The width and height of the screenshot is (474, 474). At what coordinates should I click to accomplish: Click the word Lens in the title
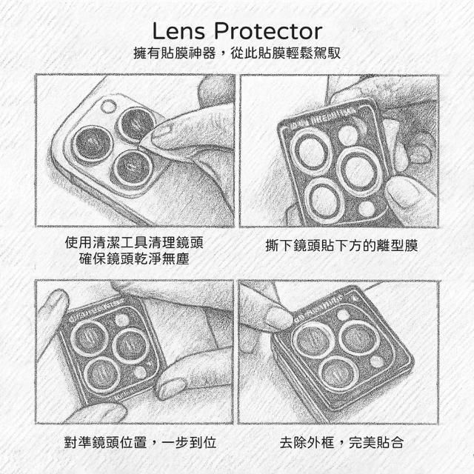(178, 31)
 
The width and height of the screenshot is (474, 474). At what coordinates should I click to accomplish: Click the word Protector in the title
(268, 31)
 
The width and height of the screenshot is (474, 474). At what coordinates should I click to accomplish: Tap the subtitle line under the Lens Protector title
(237, 53)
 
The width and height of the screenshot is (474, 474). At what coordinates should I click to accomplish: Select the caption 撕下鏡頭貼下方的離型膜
(341, 245)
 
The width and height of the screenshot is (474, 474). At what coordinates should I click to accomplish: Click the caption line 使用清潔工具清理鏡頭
(134, 242)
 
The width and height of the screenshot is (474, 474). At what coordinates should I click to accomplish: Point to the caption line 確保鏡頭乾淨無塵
(134, 258)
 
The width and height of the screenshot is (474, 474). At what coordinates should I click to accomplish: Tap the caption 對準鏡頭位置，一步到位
(140, 443)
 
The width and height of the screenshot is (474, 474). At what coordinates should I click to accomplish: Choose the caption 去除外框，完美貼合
(341, 443)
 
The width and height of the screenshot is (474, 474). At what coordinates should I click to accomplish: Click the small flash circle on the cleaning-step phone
(108, 107)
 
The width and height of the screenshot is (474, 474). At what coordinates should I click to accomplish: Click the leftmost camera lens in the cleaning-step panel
(93, 144)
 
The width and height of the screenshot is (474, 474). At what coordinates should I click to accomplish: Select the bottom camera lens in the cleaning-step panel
(133, 168)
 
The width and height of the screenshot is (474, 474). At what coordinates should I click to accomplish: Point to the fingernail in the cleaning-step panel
(161, 132)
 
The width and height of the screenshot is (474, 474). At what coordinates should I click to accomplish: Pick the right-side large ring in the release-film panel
(360, 170)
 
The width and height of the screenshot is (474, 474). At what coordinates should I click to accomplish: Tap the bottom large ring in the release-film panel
(324, 201)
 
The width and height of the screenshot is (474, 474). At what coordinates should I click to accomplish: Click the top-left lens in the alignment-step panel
(89, 338)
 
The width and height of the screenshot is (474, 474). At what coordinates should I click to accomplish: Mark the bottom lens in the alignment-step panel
(102, 375)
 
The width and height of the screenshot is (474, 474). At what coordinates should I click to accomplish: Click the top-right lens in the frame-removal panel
(359, 338)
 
